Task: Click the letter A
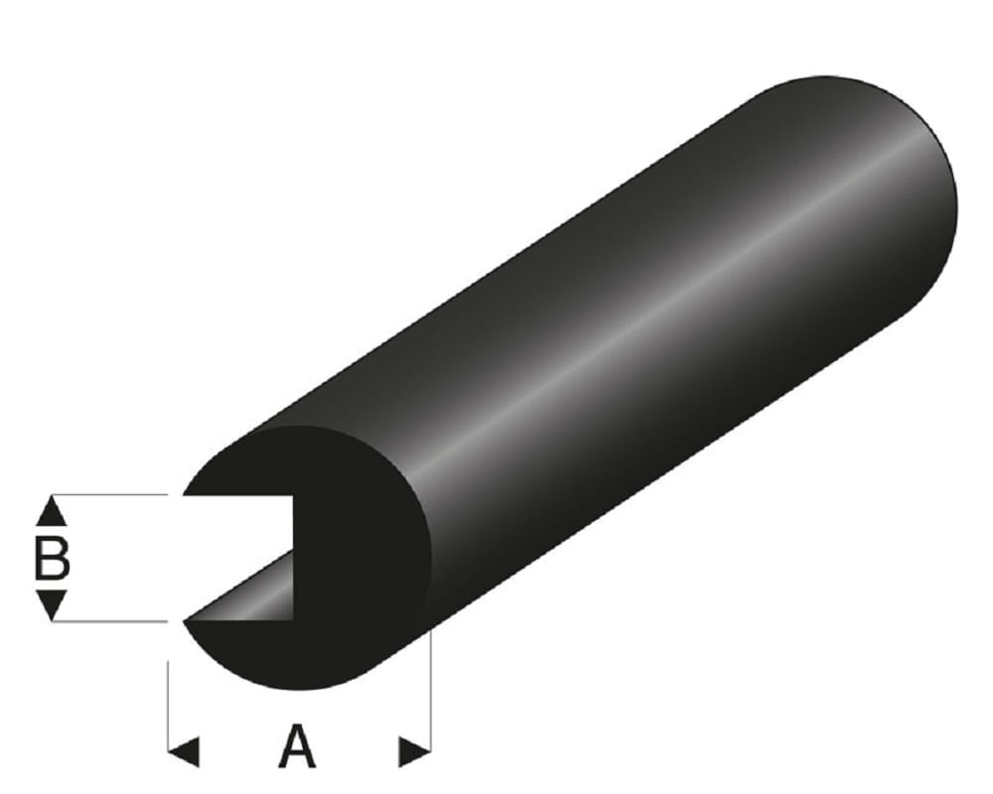point(297,747)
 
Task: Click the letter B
point(52,559)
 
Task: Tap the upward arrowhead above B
point(52,512)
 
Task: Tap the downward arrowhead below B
point(52,603)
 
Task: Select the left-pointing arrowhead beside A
point(184,751)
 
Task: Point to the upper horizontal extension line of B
point(109,494)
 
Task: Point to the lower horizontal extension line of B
point(109,620)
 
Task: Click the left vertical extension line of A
point(168,695)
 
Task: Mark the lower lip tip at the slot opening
point(187,621)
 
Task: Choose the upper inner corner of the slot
point(294,495)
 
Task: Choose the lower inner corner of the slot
point(294,619)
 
